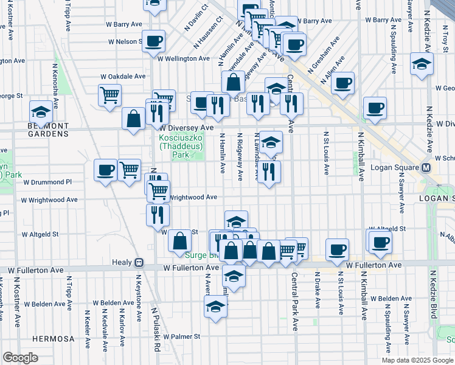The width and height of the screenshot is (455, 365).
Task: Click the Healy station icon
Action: (139, 263)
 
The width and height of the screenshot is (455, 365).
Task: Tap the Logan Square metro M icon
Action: (426, 168)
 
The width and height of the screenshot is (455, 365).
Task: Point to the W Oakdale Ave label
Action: (123, 77)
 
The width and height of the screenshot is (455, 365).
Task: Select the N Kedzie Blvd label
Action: (434, 313)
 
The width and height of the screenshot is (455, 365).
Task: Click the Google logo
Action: (20, 358)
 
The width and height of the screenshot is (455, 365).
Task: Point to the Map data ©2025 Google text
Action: (417, 360)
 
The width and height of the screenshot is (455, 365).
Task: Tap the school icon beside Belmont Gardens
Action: (41, 112)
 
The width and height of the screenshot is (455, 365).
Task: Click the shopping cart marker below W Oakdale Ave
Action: (109, 94)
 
